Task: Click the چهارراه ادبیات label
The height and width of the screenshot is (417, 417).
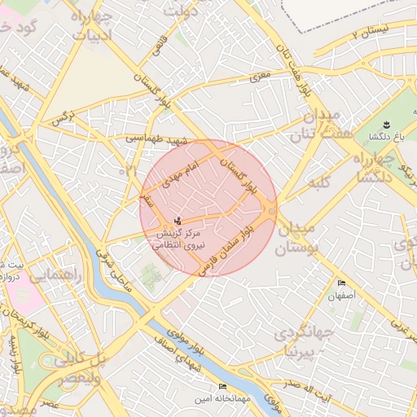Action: [91, 24]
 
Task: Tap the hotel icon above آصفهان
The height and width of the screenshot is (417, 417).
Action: [341, 283]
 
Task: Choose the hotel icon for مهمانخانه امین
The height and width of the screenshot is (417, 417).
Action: [222, 386]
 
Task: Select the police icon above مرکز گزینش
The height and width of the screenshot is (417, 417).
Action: [178, 221]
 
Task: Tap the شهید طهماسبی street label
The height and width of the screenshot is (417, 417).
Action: [156, 139]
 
